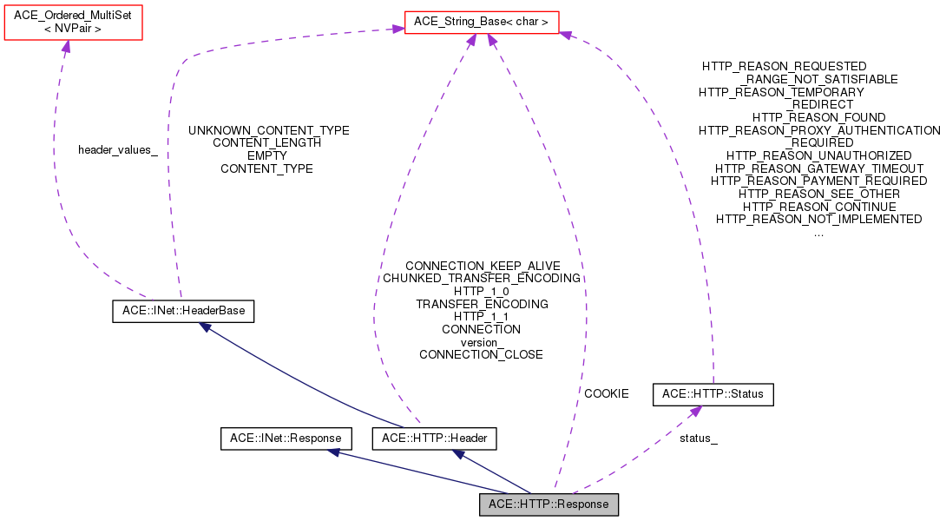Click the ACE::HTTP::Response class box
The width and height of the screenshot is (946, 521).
point(549,505)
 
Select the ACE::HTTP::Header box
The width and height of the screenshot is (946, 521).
point(434,439)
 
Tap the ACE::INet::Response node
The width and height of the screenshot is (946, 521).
point(286,439)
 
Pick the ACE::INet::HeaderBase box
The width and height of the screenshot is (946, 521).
point(183,311)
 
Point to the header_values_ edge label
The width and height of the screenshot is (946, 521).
point(118,149)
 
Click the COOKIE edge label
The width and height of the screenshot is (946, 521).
point(606,393)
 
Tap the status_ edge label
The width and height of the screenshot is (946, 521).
point(699,439)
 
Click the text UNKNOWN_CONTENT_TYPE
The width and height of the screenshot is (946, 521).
point(269,130)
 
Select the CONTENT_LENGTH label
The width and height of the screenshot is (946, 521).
point(266,142)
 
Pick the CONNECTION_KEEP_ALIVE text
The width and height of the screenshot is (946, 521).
point(483,266)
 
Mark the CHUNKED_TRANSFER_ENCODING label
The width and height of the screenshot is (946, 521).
point(482,279)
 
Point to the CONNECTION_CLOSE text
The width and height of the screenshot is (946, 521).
point(481,354)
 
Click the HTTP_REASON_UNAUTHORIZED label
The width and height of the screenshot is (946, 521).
point(818,155)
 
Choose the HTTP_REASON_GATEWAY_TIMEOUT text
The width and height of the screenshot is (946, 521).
point(818,168)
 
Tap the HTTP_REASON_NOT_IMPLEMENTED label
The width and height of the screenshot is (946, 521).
point(818,219)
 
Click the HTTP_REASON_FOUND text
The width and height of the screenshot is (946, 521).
point(818,117)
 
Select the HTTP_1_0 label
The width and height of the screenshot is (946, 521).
point(481,291)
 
